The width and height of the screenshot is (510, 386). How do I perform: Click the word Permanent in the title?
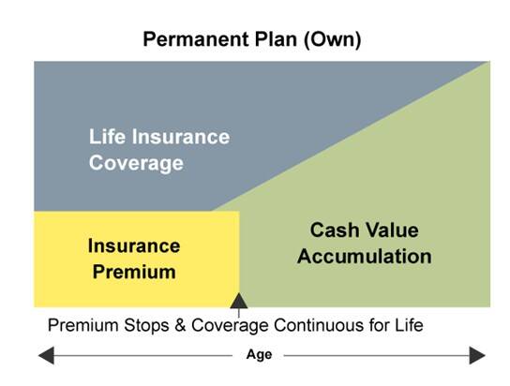coord(197,39)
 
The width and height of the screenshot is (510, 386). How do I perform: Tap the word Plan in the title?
coord(277,39)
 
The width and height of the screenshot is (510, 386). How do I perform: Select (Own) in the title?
coord(332,40)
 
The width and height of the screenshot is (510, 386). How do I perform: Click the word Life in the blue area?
coord(107,136)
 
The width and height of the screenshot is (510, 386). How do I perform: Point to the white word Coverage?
coord(136,163)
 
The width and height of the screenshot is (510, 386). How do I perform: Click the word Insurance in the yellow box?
coord(134,245)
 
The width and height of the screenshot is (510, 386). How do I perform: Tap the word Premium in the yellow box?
coord(134,272)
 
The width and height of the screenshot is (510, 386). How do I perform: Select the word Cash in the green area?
coord(335,230)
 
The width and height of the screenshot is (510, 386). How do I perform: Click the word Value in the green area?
coord(392,230)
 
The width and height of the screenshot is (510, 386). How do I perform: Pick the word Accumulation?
coord(365,257)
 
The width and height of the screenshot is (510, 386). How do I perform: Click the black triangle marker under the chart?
coord(239,301)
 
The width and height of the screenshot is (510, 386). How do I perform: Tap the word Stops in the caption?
coord(146,325)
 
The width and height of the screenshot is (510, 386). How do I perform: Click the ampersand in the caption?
coord(180,325)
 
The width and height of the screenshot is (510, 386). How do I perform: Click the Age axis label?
coord(259,355)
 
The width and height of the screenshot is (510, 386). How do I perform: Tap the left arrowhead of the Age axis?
coord(47,355)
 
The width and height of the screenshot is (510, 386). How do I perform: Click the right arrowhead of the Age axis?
coord(477,355)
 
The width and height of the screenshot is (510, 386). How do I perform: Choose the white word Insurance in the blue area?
coord(181,137)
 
